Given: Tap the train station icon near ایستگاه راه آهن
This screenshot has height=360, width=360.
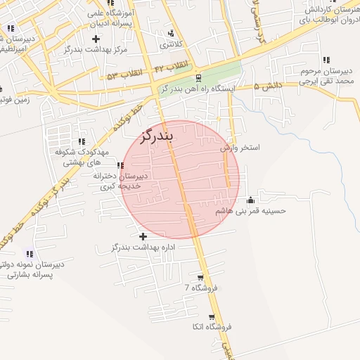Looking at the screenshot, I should click(199, 78).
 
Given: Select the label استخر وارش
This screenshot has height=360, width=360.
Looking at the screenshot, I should click(240, 148).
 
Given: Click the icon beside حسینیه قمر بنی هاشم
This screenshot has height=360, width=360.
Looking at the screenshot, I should click(250, 201).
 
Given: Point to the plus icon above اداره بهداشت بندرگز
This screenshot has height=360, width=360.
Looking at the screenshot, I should click(143, 237).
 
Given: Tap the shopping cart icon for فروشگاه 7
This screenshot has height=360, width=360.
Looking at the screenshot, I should click(200, 277).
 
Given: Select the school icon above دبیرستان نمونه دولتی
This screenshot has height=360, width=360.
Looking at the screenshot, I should click(30, 254).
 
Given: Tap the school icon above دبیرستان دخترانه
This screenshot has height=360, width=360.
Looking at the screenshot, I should click(120, 165).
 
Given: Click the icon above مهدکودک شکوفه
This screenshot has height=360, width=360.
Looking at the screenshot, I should click(82, 141).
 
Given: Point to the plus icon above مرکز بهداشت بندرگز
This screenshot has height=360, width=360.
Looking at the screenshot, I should click(96, 38).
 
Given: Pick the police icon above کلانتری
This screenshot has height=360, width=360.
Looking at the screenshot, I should click(171, 33).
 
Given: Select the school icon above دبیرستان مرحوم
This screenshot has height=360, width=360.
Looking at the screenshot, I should click(326, 60).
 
